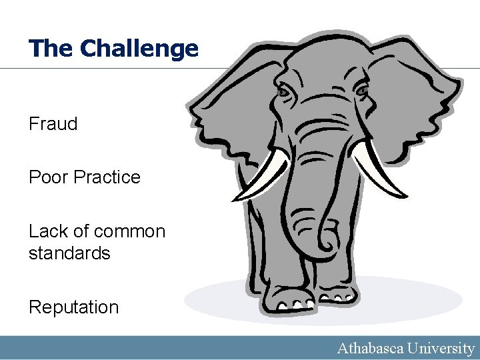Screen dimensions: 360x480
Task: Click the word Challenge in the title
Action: pyautogui.click(x=139, y=48)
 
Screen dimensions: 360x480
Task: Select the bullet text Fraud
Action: pyautogui.click(x=53, y=123)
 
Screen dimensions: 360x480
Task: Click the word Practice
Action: pyautogui.click(x=107, y=177)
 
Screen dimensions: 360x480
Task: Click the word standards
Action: pyautogui.click(x=69, y=253)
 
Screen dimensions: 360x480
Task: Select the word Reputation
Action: pyautogui.click(x=73, y=307)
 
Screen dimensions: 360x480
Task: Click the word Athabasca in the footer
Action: pyautogui.click(x=372, y=348)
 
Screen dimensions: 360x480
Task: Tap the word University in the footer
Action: pyautogui.click(x=443, y=348)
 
